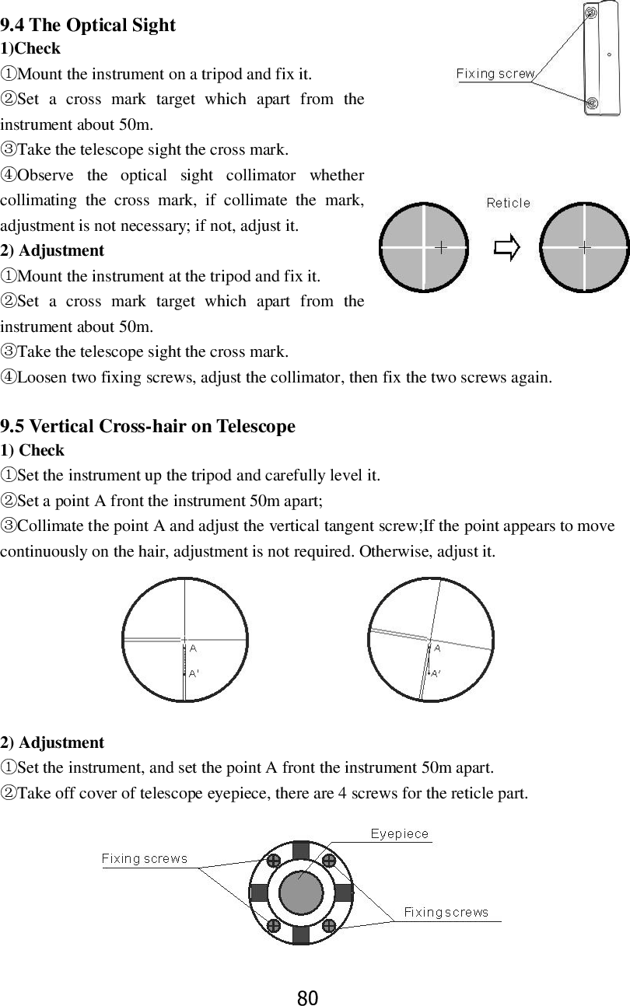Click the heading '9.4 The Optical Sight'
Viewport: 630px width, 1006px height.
(88, 25)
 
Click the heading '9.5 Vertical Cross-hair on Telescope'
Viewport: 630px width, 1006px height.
(148, 426)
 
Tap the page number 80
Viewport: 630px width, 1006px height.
(308, 997)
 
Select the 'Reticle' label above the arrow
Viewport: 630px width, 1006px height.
(508, 203)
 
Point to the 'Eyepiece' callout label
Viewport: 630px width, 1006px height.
(399, 834)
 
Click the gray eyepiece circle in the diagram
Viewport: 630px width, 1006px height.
(301, 892)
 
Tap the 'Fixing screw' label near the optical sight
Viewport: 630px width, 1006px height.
(495, 74)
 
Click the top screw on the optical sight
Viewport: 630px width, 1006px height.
(591, 12)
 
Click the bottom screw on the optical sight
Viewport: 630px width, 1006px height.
(592, 103)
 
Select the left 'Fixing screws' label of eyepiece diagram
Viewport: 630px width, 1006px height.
(145, 859)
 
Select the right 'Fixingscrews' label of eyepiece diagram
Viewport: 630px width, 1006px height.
(446, 912)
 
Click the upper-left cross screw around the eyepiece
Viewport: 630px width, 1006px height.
(273, 861)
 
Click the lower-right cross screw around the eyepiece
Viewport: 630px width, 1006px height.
(329, 925)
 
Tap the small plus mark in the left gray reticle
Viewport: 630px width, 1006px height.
(441, 248)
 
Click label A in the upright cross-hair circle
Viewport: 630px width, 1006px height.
(192, 648)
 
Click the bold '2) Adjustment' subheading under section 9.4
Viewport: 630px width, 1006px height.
(52, 250)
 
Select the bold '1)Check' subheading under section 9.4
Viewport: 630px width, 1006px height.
(30, 48)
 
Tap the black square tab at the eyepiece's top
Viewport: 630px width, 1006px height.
(301, 850)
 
